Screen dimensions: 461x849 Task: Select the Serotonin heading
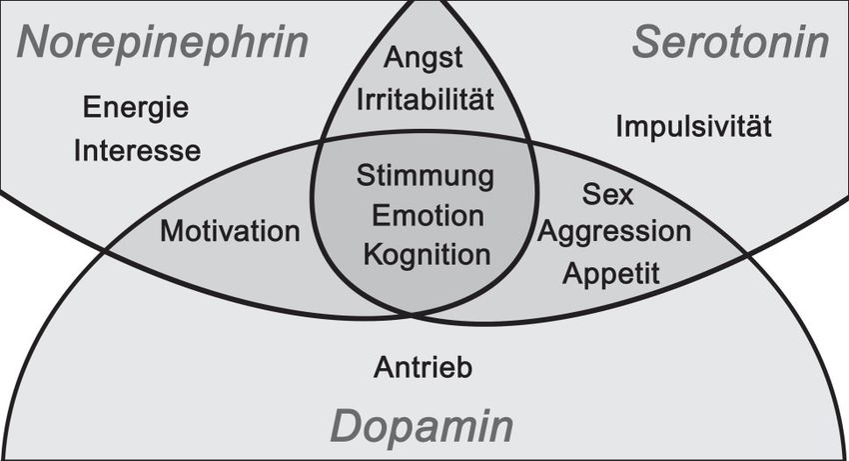point(731,44)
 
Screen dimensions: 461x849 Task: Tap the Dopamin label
point(423,427)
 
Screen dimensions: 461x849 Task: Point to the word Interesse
point(138,150)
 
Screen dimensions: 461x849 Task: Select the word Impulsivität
point(694,127)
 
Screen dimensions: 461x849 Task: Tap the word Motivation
point(230,232)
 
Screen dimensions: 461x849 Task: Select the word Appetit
point(611,273)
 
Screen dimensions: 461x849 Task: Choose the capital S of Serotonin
point(645,44)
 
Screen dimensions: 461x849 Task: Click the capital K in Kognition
point(374,254)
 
